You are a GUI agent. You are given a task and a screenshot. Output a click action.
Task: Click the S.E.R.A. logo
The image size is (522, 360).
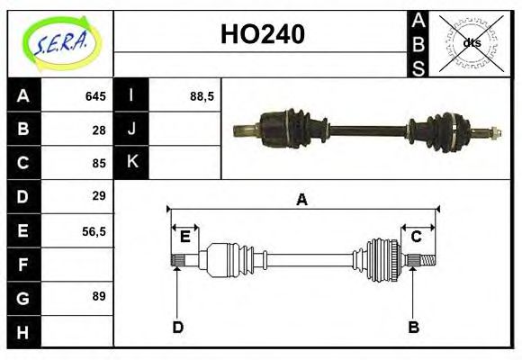[61, 42]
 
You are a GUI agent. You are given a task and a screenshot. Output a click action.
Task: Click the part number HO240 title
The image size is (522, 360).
[262, 35]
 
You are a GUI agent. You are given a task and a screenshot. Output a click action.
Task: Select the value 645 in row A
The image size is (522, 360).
[95, 96]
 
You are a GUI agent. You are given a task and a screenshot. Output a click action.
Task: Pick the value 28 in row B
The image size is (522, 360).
[99, 130]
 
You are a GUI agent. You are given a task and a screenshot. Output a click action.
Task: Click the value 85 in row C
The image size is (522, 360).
[99, 164]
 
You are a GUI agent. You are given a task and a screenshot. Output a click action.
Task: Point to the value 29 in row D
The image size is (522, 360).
[99, 196]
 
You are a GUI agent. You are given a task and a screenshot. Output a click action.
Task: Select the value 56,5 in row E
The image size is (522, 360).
[94, 230]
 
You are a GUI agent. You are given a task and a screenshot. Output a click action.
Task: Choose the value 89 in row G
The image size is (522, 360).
[99, 296]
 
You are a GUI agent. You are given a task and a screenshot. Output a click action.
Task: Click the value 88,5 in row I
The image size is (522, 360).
[202, 96]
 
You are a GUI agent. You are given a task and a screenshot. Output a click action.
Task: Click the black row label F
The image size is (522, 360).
[23, 264]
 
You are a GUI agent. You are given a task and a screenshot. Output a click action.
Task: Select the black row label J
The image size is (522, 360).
[131, 130]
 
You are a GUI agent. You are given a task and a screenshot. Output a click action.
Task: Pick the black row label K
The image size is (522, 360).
[131, 163]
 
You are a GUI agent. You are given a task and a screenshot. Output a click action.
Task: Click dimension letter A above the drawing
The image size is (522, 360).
[301, 200]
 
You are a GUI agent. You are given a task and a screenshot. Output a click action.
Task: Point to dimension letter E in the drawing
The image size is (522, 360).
[184, 237]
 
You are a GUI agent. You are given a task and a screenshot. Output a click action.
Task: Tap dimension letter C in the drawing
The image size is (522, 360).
[416, 237]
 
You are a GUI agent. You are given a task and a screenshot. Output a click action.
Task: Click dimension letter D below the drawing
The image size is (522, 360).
[178, 327]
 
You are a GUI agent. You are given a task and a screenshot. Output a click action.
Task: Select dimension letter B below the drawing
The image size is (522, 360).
[413, 327]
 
